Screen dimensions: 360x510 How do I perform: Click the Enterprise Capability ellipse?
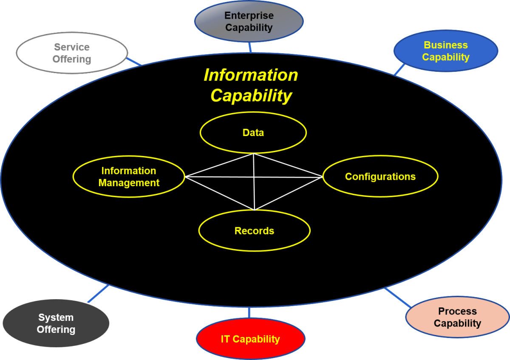(x=249, y=21)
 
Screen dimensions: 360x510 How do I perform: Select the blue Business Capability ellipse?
(x=445, y=51)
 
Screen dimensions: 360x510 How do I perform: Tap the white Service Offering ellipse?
(x=72, y=53)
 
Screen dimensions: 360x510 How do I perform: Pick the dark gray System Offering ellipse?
(x=56, y=323)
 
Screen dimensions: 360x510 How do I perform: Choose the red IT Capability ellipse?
(x=250, y=339)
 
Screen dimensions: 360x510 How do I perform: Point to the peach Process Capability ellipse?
(x=457, y=317)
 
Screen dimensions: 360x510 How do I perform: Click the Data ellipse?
(x=253, y=133)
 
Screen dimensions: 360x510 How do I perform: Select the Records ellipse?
(x=254, y=231)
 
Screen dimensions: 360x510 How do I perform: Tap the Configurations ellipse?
(x=380, y=177)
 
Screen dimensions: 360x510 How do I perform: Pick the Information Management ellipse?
(x=129, y=177)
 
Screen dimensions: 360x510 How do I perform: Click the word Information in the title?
(x=251, y=75)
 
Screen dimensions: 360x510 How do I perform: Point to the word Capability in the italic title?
(x=251, y=96)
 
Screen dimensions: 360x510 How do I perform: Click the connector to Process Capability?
(x=398, y=297)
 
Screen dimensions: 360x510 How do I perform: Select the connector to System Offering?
(x=98, y=294)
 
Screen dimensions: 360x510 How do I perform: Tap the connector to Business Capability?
(x=399, y=69)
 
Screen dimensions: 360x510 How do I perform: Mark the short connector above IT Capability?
(x=249, y=312)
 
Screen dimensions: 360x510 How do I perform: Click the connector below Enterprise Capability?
(x=250, y=47)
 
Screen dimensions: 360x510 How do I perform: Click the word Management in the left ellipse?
(x=129, y=183)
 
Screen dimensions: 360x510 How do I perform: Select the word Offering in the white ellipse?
(x=72, y=59)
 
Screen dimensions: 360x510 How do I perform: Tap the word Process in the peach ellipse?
(x=457, y=312)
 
